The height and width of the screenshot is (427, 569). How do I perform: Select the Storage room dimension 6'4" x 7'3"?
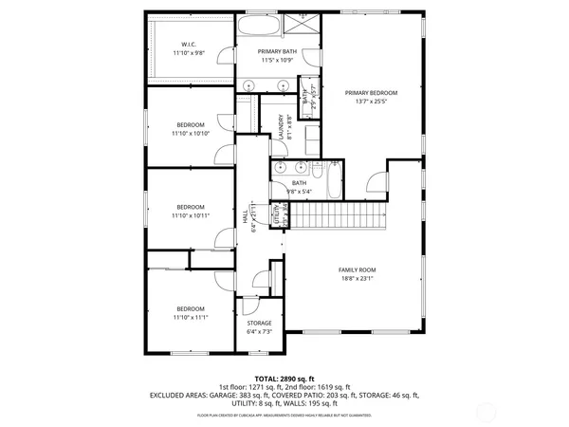pos(259,332)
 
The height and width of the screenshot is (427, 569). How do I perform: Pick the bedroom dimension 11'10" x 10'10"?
pos(191,133)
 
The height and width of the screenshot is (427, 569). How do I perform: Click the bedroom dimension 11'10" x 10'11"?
pos(191,215)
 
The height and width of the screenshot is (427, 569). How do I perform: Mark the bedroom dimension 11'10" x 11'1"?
pos(190,316)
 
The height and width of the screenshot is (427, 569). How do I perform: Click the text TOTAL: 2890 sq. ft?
pos(284,379)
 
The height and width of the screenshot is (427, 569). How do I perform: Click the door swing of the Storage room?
pos(261,281)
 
